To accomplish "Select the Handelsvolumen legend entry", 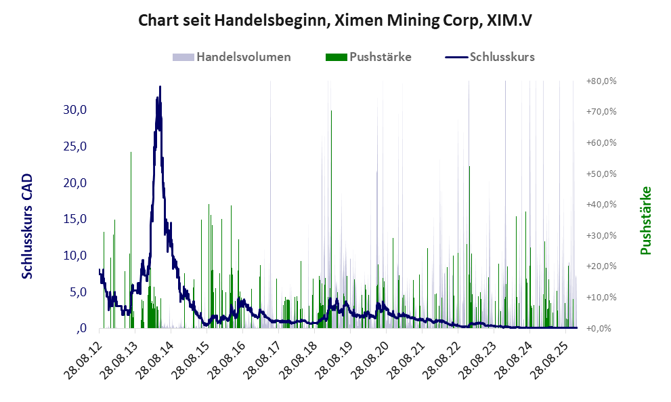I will click(x=232, y=57).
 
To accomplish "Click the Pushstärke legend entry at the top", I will click(x=368, y=57).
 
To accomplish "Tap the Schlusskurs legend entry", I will click(x=490, y=57).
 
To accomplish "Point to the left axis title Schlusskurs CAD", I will click(x=28, y=226).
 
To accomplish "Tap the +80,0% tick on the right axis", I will click(x=602, y=81).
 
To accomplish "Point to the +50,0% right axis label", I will click(x=602, y=174).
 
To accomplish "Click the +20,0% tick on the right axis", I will click(x=602, y=266).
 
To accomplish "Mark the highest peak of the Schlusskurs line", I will click(x=160, y=87).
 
